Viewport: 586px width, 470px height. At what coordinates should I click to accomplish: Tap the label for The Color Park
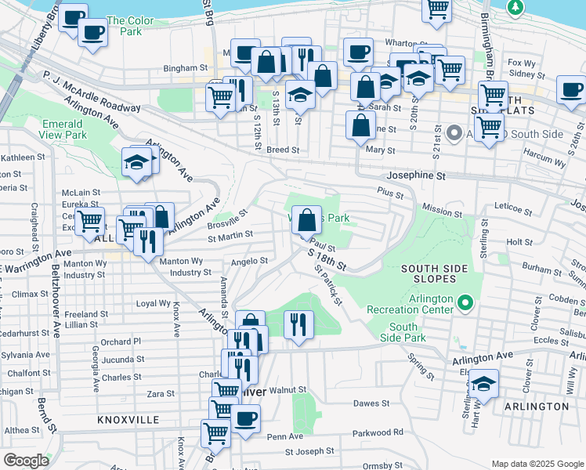(x=125, y=26)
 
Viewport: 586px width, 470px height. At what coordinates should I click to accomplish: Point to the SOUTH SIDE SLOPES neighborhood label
(x=434, y=274)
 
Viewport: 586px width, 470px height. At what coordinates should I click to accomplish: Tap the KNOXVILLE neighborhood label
(x=128, y=420)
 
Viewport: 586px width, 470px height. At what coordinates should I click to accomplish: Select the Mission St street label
(x=442, y=211)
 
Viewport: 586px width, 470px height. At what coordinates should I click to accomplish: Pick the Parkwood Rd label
(x=378, y=432)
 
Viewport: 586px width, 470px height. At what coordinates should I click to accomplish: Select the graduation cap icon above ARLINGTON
(x=484, y=383)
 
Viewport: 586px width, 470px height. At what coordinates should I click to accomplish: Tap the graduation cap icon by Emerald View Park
(x=136, y=161)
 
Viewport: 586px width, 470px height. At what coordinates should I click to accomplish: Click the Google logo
(x=26, y=461)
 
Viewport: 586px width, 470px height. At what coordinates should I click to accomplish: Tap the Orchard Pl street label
(x=121, y=342)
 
